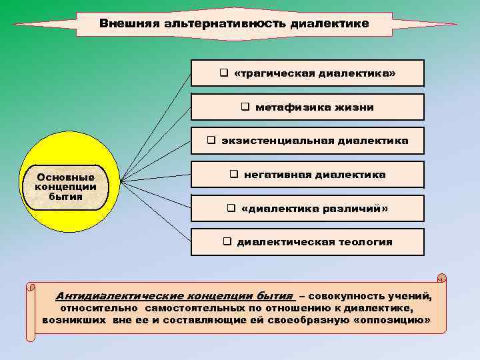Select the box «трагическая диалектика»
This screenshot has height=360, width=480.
(307, 73)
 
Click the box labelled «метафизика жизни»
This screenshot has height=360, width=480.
(307, 107)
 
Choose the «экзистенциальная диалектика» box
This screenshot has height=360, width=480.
(307, 141)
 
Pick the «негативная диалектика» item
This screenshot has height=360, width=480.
(307, 175)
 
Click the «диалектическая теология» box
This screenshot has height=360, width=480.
(307, 242)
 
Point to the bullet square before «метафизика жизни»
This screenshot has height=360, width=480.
(245, 107)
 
